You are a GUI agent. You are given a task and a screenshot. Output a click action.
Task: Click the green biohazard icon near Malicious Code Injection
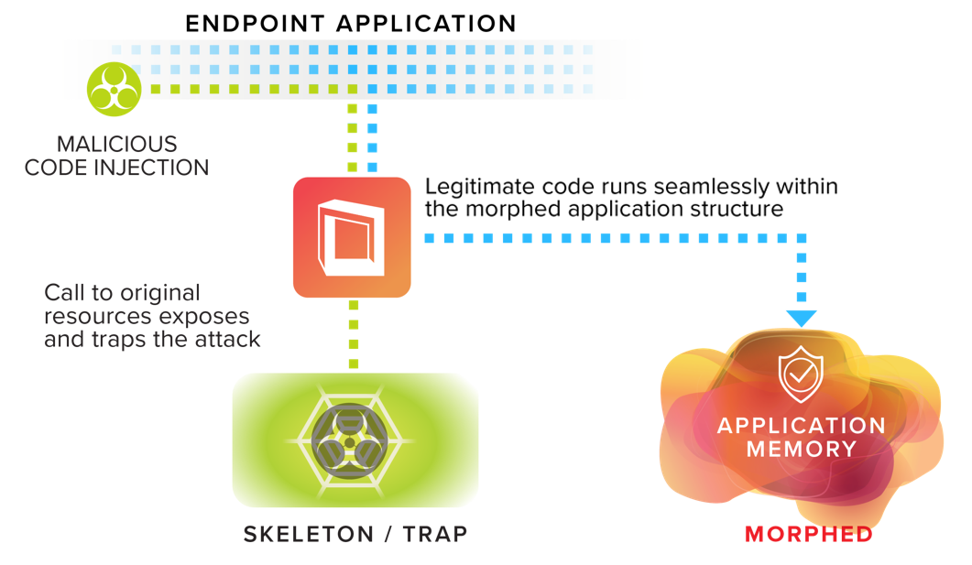114,89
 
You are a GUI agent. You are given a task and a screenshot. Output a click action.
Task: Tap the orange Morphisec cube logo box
352,237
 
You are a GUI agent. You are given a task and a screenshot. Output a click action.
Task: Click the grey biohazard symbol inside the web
348,440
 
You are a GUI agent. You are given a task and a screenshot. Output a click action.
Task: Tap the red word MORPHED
808,534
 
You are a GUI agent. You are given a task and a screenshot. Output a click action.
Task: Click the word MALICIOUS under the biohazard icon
116,145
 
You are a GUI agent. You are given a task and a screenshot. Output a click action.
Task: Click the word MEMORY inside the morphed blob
801,450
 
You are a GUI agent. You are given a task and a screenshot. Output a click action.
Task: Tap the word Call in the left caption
63,293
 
